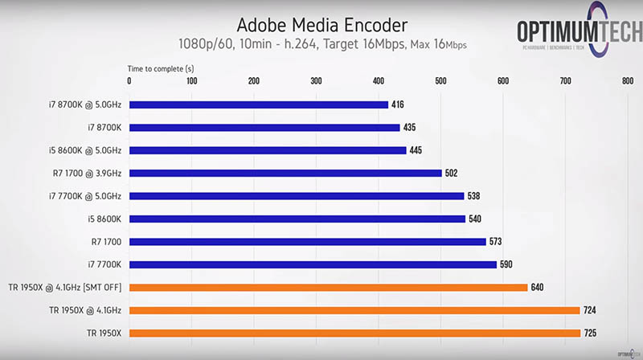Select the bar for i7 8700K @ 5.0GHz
(258, 104)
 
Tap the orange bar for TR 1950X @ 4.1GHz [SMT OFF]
(328, 287)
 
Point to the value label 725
(594, 333)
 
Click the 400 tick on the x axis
(378, 80)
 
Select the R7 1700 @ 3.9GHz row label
(84, 173)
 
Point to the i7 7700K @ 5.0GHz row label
(80, 195)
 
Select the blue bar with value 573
(308, 241)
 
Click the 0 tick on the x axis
(130, 80)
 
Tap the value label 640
(542, 287)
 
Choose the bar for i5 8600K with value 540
(297, 219)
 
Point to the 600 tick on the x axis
(502, 80)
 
